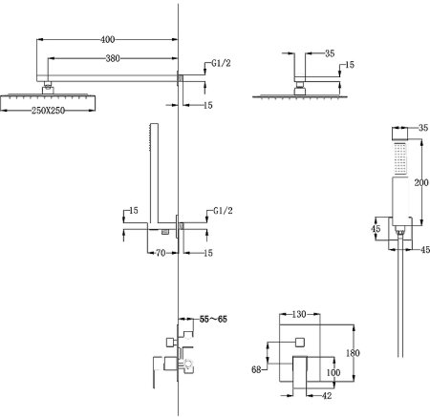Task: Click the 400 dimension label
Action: tap(108, 39)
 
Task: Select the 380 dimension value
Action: tap(113, 58)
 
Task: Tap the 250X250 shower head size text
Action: tap(48, 111)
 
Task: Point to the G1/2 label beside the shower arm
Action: tap(221, 63)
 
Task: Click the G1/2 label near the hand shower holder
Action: tap(223, 210)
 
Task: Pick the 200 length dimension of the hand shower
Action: tap(421, 182)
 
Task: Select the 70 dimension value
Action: tap(161, 253)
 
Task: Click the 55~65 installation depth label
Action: tap(213, 319)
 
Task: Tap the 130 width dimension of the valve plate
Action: tap(299, 314)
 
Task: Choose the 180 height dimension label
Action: tap(353, 353)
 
